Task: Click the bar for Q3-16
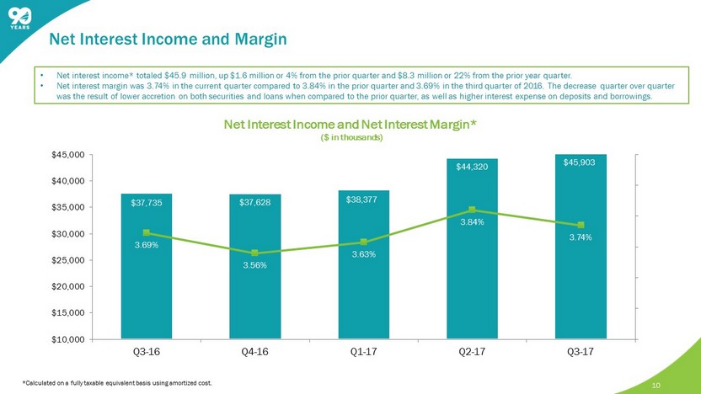147,266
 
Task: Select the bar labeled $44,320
472,249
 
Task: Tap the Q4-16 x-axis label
254,352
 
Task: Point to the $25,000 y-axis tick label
69,260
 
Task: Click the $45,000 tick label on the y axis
69,155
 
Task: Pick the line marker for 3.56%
254,253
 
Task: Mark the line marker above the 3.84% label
472,210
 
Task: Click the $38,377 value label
361,200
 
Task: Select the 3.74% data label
581,237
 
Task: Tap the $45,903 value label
580,162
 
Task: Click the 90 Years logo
19,19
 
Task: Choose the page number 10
656,386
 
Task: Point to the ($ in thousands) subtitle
351,137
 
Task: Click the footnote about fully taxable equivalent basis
117,383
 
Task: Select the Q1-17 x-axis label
363,352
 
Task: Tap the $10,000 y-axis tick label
69,339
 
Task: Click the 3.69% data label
147,245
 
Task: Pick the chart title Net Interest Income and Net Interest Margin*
350,125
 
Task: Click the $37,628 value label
254,203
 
